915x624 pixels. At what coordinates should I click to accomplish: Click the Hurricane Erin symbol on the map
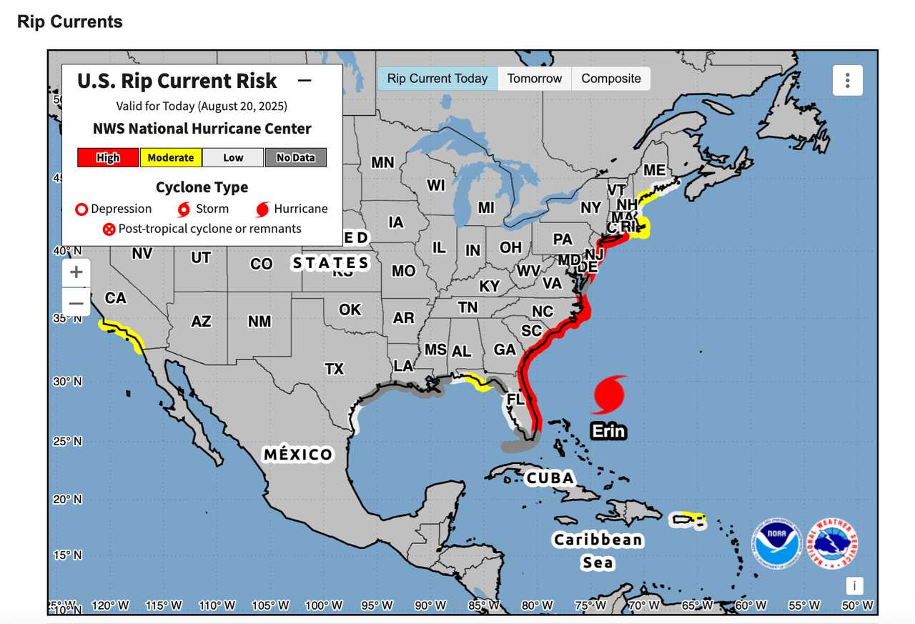(609, 395)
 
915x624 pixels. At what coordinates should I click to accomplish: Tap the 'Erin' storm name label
(608, 431)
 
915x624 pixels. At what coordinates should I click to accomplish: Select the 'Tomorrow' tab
(535, 79)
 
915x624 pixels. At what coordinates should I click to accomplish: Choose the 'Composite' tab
(611, 79)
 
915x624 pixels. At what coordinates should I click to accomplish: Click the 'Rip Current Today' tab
(437, 79)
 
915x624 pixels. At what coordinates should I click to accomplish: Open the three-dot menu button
(847, 80)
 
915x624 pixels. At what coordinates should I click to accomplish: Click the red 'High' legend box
(108, 157)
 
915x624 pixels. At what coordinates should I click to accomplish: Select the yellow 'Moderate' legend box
(170, 157)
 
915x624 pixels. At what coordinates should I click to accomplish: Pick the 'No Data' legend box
(295, 157)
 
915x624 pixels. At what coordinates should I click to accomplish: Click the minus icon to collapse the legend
(305, 81)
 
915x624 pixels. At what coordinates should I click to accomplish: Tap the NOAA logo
(776, 543)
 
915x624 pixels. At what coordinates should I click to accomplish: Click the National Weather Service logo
(832, 543)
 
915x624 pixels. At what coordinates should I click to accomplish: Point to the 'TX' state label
(335, 369)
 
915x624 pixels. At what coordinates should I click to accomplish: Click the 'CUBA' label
(549, 477)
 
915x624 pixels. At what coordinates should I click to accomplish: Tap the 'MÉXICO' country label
(298, 455)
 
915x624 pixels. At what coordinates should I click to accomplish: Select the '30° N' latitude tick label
(67, 382)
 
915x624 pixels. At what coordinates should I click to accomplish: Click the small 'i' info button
(854, 586)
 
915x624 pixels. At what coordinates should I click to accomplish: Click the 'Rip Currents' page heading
(70, 21)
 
